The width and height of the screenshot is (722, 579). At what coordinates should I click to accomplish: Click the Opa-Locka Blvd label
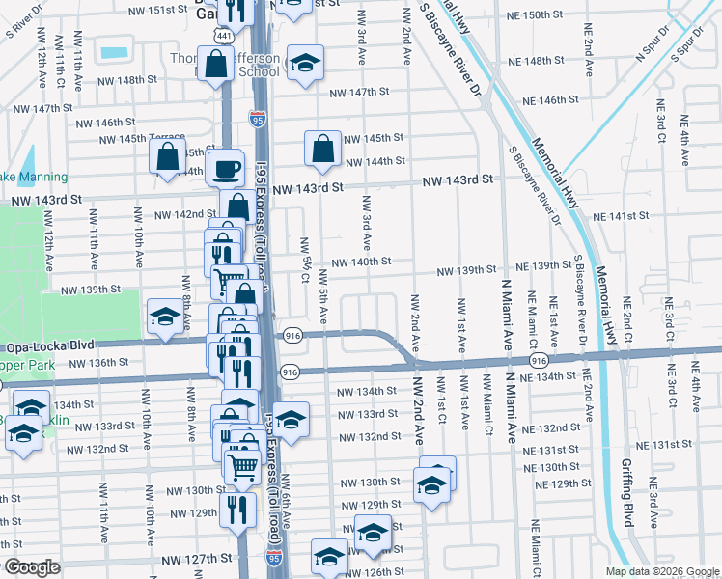point(44,345)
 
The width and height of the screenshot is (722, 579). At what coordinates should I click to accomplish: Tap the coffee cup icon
point(227,169)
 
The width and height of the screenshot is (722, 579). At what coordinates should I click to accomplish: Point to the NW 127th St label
point(197,559)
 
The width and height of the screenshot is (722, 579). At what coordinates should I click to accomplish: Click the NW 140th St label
point(361,262)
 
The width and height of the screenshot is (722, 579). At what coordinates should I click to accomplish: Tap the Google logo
point(33,567)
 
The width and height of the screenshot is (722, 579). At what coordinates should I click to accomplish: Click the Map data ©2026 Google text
point(661,571)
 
